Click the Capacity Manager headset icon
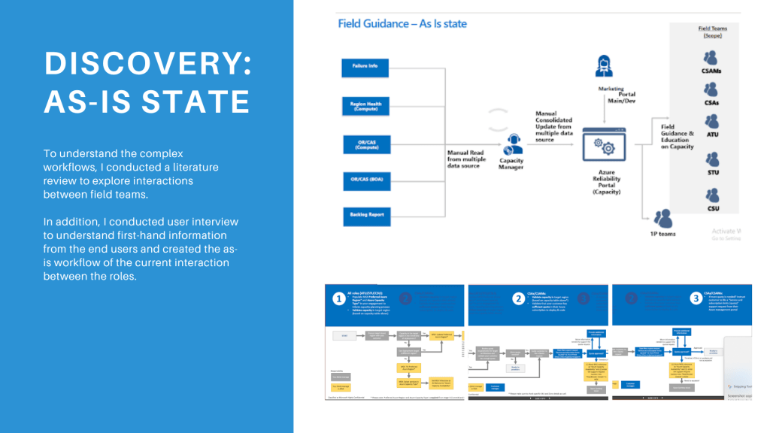click(515, 141)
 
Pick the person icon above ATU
click(712, 121)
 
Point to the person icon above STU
click(712, 159)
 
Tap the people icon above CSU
click(711, 192)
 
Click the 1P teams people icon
click(663, 217)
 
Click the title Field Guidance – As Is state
click(402, 23)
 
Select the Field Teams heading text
click(713, 29)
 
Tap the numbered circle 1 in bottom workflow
click(338, 298)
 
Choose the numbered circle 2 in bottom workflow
click(518, 298)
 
